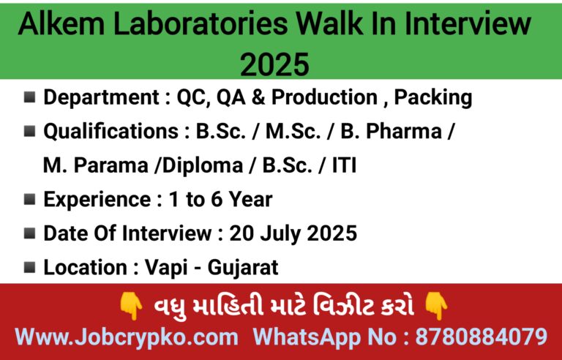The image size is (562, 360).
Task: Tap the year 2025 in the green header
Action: pyautogui.click(x=274, y=64)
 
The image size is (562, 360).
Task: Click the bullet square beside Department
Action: pyautogui.click(x=30, y=97)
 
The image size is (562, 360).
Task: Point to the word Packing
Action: pyautogui.click(x=433, y=97)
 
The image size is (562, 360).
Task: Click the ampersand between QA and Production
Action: pyautogui.click(x=258, y=97)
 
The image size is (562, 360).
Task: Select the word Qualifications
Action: pyautogui.click(x=110, y=131)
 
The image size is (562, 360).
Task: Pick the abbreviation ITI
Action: pyautogui.click(x=344, y=165)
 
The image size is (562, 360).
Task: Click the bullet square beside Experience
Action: pyautogui.click(x=30, y=199)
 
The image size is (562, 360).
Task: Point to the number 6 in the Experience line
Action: pyautogui.click(x=217, y=199)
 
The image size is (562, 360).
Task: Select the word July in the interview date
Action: pyautogui.click(x=282, y=234)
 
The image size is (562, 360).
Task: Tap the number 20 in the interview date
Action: pyautogui.click(x=241, y=233)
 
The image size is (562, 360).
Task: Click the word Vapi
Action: pyautogui.click(x=166, y=268)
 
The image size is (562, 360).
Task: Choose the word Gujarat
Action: pyautogui.click(x=243, y=268)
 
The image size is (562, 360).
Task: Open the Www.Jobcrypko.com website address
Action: pyautogui.click(x=127, y=337)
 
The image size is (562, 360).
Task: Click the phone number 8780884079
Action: pyautogui.click(x=481, y=337)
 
